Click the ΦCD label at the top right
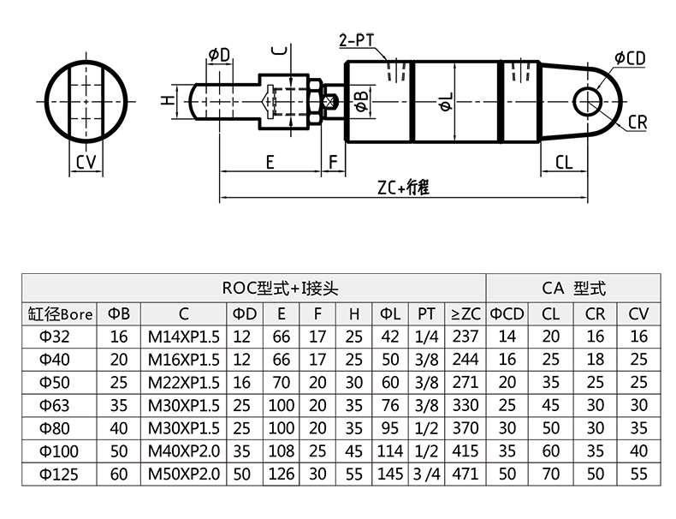click(x=629, y=57)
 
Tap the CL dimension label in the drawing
click(x=564, y=162)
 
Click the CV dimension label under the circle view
click(x=86, y=162)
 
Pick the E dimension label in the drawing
click(x=270, y=162)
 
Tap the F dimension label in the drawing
click(x=334, y=162)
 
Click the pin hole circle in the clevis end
click(x=588, y=99)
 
